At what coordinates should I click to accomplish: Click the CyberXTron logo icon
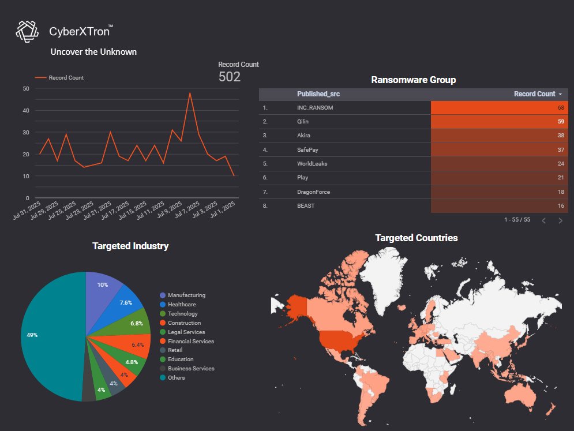(x=27, y=31)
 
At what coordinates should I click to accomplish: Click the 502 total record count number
(x=230, y=77)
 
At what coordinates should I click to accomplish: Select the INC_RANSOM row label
(x=315, y=108)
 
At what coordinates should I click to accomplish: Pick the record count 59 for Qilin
(x=560, y=122)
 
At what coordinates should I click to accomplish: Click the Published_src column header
(x=314, y=94)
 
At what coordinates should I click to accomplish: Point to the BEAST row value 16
(x=560, y=205)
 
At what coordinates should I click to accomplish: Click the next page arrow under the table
(x=560, y=220)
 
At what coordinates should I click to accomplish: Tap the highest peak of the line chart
(x=190, y=93)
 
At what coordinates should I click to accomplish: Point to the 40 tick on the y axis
(x=26, y=110)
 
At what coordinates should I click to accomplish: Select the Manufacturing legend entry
(x=186, y=295)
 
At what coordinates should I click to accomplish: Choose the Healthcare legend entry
(x=181, y=305)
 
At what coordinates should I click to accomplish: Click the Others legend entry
(x=177, y=378)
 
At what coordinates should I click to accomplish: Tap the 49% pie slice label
(x=32, y=335)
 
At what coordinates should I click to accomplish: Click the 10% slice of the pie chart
(x=103, y=285)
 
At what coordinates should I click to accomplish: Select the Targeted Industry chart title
(x=130, y=246)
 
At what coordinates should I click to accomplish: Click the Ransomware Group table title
(x=413, y=80)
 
